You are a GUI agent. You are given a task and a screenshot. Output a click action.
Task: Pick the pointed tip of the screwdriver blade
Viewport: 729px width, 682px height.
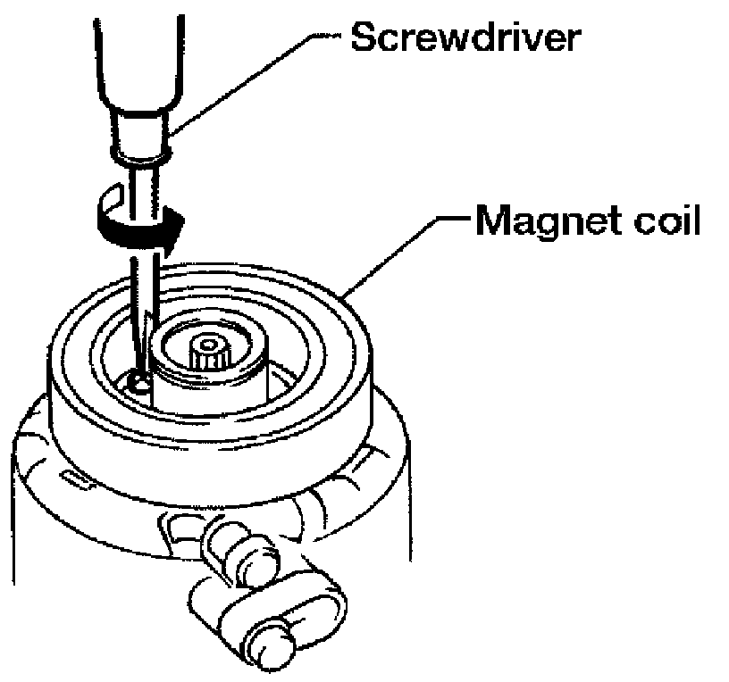tap(139, 373)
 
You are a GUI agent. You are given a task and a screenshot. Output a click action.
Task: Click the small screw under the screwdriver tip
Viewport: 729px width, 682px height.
tap(136, 384)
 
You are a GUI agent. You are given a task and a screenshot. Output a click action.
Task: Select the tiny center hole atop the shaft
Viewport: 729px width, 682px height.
tap(211, 342)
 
